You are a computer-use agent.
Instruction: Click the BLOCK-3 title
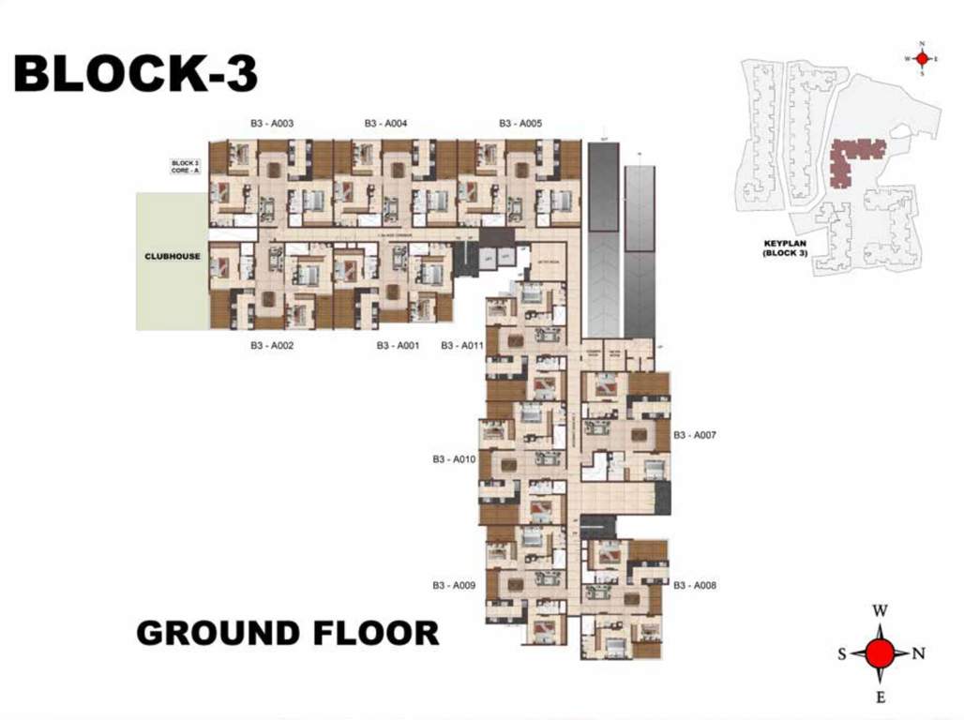(135, 74)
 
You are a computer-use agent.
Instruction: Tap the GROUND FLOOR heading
(287, 633)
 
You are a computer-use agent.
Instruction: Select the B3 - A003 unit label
(272, 124)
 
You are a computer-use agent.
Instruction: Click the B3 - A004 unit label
(385, 124)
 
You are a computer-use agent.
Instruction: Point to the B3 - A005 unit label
(520, 124)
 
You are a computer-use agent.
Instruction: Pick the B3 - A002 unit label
(272, 346)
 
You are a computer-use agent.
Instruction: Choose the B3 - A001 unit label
(398, 346)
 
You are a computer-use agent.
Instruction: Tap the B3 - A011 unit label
(462, 346)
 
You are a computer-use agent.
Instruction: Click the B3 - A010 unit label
(455, 459)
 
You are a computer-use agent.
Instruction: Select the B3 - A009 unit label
(455, 585)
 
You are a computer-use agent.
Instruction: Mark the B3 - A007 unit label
(695, 435)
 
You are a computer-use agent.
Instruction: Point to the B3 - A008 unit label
(695, 585)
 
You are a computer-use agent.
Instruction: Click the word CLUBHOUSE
(172, 256)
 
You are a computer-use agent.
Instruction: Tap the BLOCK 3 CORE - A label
(184, 168)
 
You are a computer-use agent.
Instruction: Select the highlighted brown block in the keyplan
(855, 153)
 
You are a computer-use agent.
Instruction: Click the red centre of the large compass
(880, 653)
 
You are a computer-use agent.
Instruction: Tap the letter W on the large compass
(880, 610)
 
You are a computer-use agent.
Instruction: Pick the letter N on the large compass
(919, 653)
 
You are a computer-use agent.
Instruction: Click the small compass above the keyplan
(922, 58)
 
